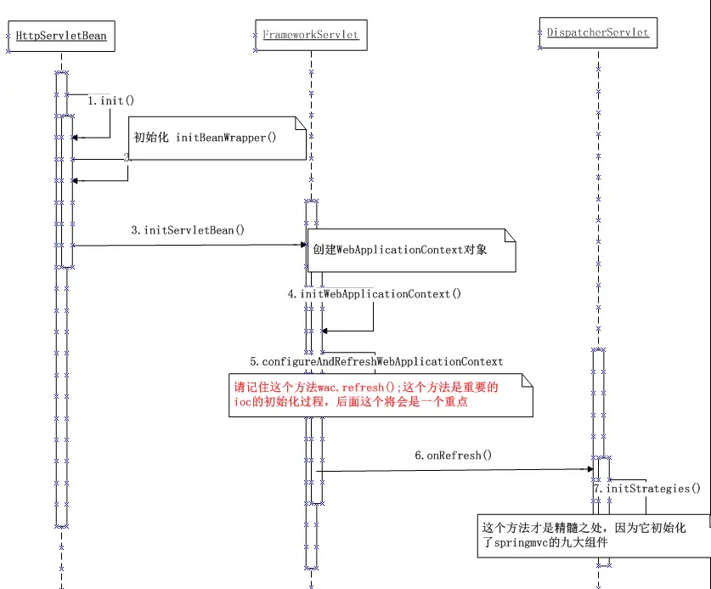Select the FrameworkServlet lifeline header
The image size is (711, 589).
click(x=310, y=35)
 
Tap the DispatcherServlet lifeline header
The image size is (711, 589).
click(x=598, y=32)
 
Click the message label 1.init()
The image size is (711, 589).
click(x=111, y=100)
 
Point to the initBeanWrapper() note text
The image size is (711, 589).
click(x=206, y=138)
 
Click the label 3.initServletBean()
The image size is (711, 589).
click(x=188, y=229)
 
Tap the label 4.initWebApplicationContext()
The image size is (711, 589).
click(x=375, y=294)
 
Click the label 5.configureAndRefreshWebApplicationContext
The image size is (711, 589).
click(x=376, y=361)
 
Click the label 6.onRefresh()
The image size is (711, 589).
click(x=454, y=455)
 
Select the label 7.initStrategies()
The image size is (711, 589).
click(x=647, y=489)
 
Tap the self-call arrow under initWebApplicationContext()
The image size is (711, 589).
click(x=372, y=320)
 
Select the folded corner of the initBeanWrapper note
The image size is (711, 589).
click(x=299, y=123)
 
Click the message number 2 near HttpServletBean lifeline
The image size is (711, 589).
click(x=126, y=158)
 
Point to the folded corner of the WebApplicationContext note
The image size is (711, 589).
click(x=510, y=235)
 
